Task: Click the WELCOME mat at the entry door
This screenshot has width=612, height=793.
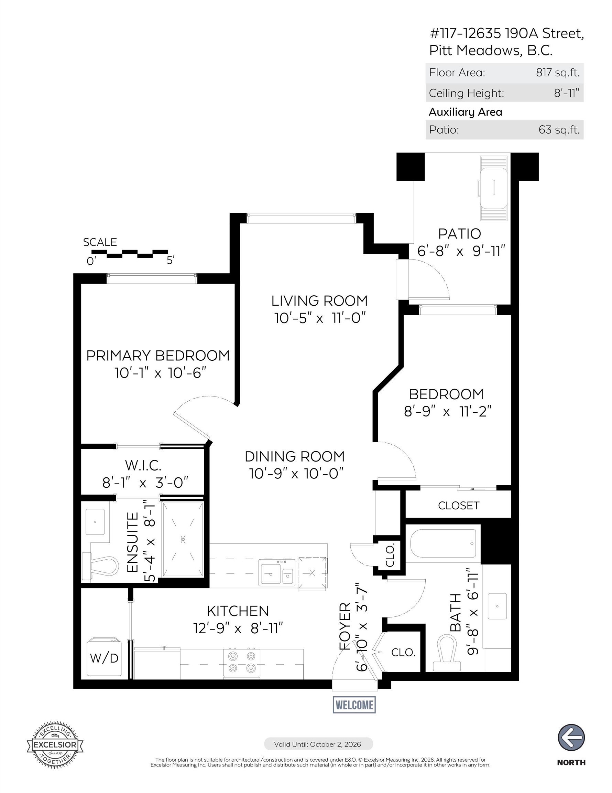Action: tap(354, 705)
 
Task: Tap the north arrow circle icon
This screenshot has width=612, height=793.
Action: tap(571, 738)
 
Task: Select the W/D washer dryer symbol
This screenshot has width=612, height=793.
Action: tap(104, 657)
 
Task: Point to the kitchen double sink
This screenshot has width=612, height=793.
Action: tap(277, 573)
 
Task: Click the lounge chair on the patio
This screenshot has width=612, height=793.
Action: tap(493, 188)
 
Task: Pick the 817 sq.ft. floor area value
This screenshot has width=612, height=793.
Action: tap(558, 73)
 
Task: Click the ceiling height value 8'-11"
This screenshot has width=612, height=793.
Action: tap(566, 93)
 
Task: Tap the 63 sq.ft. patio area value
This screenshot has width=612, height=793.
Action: tap(559, 130)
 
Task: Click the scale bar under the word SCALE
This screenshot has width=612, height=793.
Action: tap(130, 253)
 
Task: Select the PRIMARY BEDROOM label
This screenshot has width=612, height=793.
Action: tap(158, 356)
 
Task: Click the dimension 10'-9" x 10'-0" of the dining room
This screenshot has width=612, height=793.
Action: tap(296, 473)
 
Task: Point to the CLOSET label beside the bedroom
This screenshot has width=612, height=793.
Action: tap(459, 505)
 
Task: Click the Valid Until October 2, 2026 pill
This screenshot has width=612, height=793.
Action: tap(318, 744)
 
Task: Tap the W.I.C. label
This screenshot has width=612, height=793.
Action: tap(143, 465)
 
